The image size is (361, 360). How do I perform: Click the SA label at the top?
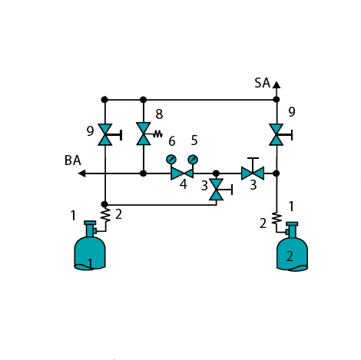point(263,83)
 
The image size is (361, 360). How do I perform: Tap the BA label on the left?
point(73,160)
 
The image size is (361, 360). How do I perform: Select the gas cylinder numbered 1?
point(90,246)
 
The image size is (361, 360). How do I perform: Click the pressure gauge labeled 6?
point(171,160)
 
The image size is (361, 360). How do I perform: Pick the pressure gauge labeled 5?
point(193,160)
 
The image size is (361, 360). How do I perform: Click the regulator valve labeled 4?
point(182,173)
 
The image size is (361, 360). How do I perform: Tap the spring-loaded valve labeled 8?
point(144,134)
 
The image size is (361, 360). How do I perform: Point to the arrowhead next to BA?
point(82,173)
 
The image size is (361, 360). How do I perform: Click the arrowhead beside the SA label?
point(277,84)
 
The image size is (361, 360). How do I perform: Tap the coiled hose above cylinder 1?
point(105,214)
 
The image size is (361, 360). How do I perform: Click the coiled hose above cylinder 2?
point(277,219)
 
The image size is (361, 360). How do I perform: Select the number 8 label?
point(159,114)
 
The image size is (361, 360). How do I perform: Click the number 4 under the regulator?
point(184,184)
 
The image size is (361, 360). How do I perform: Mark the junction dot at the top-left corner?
point(104,100)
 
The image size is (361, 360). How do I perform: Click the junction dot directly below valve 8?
point(144,173)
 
